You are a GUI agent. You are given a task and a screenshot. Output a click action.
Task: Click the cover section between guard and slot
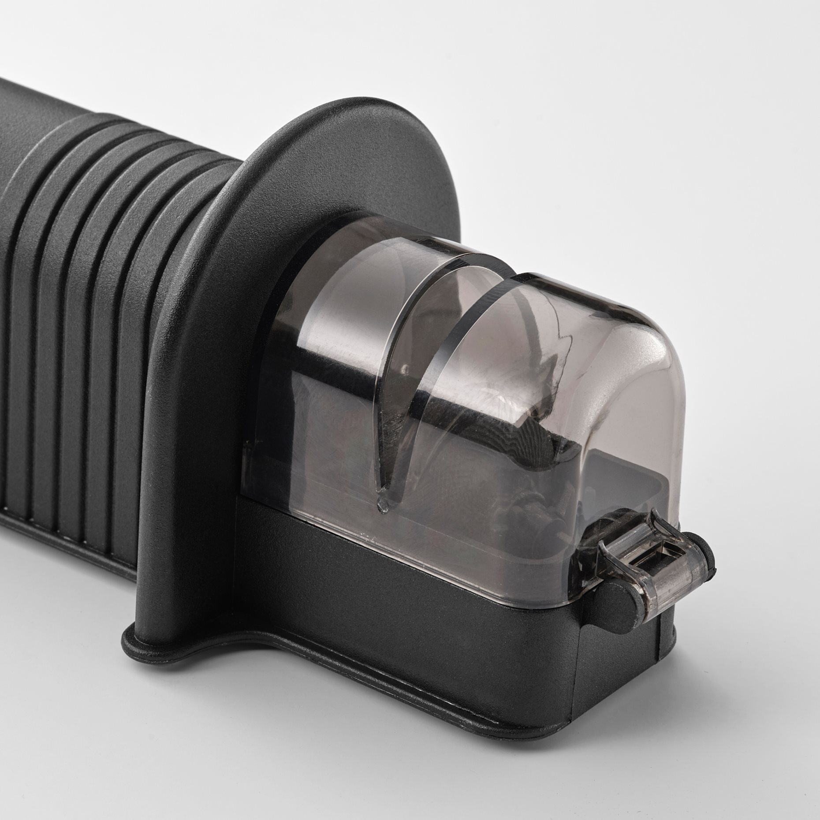tap(335, 353)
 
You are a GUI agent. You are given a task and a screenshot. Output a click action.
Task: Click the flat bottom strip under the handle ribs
tap(66, 529)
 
